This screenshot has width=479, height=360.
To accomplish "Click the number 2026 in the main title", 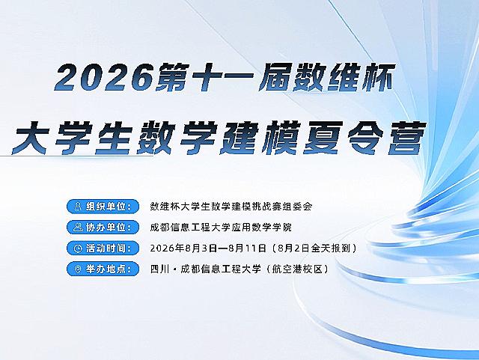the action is pos(103,78).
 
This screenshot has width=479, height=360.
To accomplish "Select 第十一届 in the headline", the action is pos(223,78).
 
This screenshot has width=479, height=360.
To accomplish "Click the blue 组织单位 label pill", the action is pos(103,207).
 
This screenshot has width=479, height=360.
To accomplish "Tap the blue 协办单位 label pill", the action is pos(103,228).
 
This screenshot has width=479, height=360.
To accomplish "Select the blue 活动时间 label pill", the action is pos(103,248).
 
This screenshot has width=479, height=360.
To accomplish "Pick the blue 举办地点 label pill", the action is pos(103,269).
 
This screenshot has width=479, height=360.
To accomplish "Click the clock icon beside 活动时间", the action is pos(78,248).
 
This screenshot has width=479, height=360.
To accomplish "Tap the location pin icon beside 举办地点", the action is pos(78,269).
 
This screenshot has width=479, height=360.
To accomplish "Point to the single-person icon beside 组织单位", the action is pos(78,207).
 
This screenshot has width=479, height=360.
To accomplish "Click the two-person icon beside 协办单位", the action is pos(78,228).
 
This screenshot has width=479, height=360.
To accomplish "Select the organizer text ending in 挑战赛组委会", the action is pos(231,207).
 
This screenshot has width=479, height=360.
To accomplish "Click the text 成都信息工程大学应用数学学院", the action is pos(221,228).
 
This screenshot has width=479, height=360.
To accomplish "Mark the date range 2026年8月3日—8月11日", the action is pos(208,248).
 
